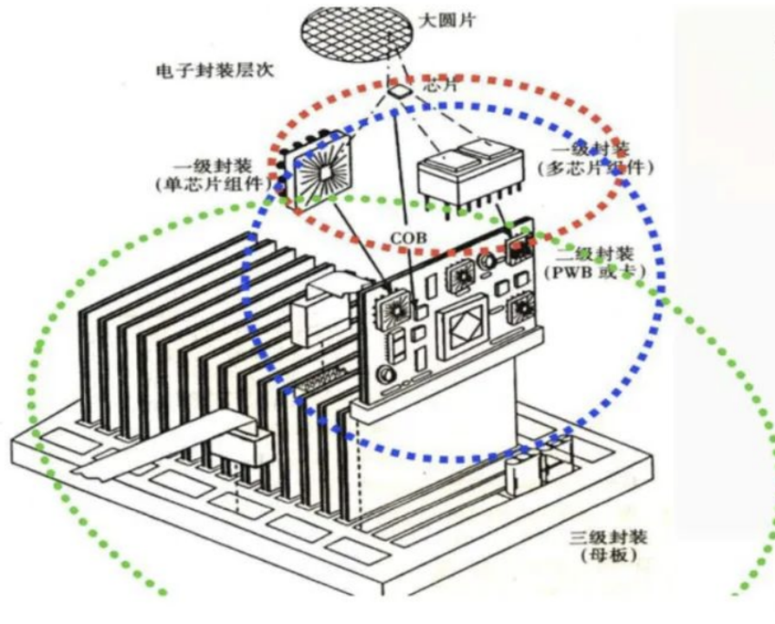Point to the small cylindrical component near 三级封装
(x=518, y=471)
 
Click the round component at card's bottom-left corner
(x=382, y=375)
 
